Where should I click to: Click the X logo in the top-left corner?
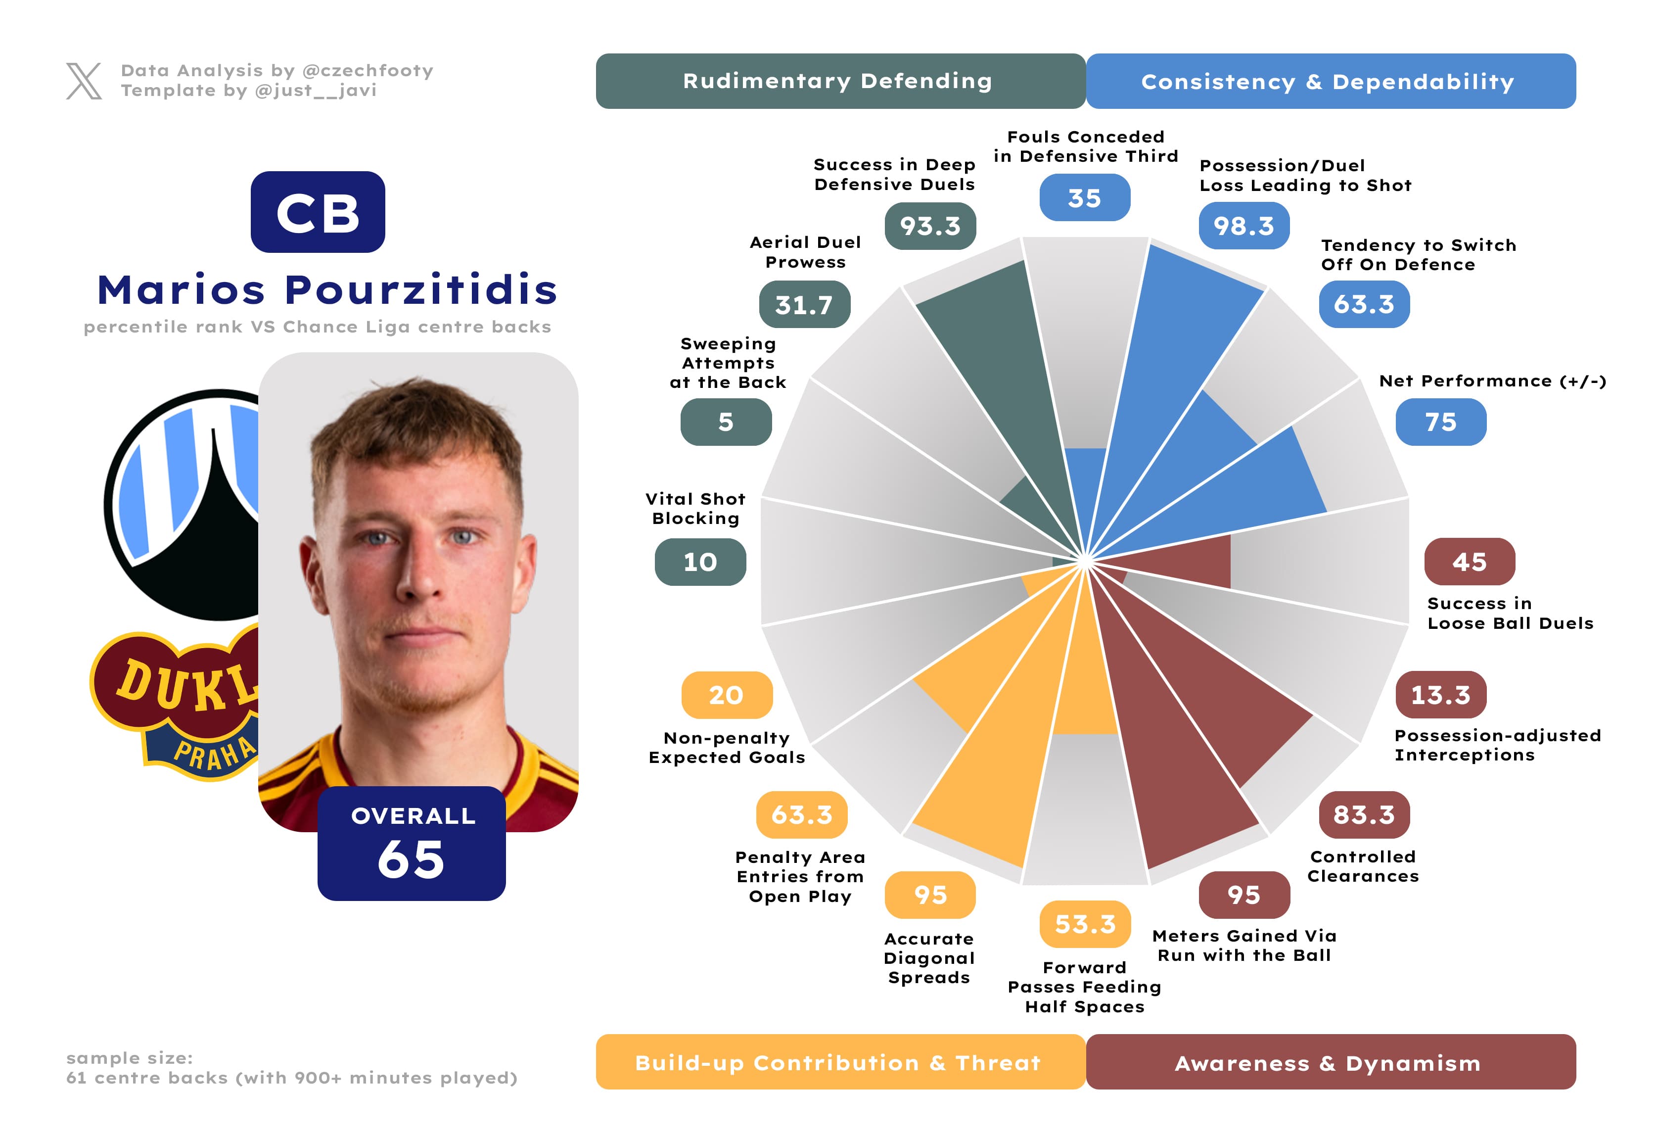point(84,81)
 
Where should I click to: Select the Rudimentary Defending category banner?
point(840,81)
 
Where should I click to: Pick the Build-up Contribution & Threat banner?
point(840,1062)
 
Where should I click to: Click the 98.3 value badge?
point(1243,226)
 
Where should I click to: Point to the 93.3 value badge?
point(930,226)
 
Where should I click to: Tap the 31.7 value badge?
point(804,304)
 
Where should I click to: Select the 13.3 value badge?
point(1440,695)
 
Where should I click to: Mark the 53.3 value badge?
point(1084,924)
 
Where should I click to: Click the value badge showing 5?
point(725,422)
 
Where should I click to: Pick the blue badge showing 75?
point(1440,422)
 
